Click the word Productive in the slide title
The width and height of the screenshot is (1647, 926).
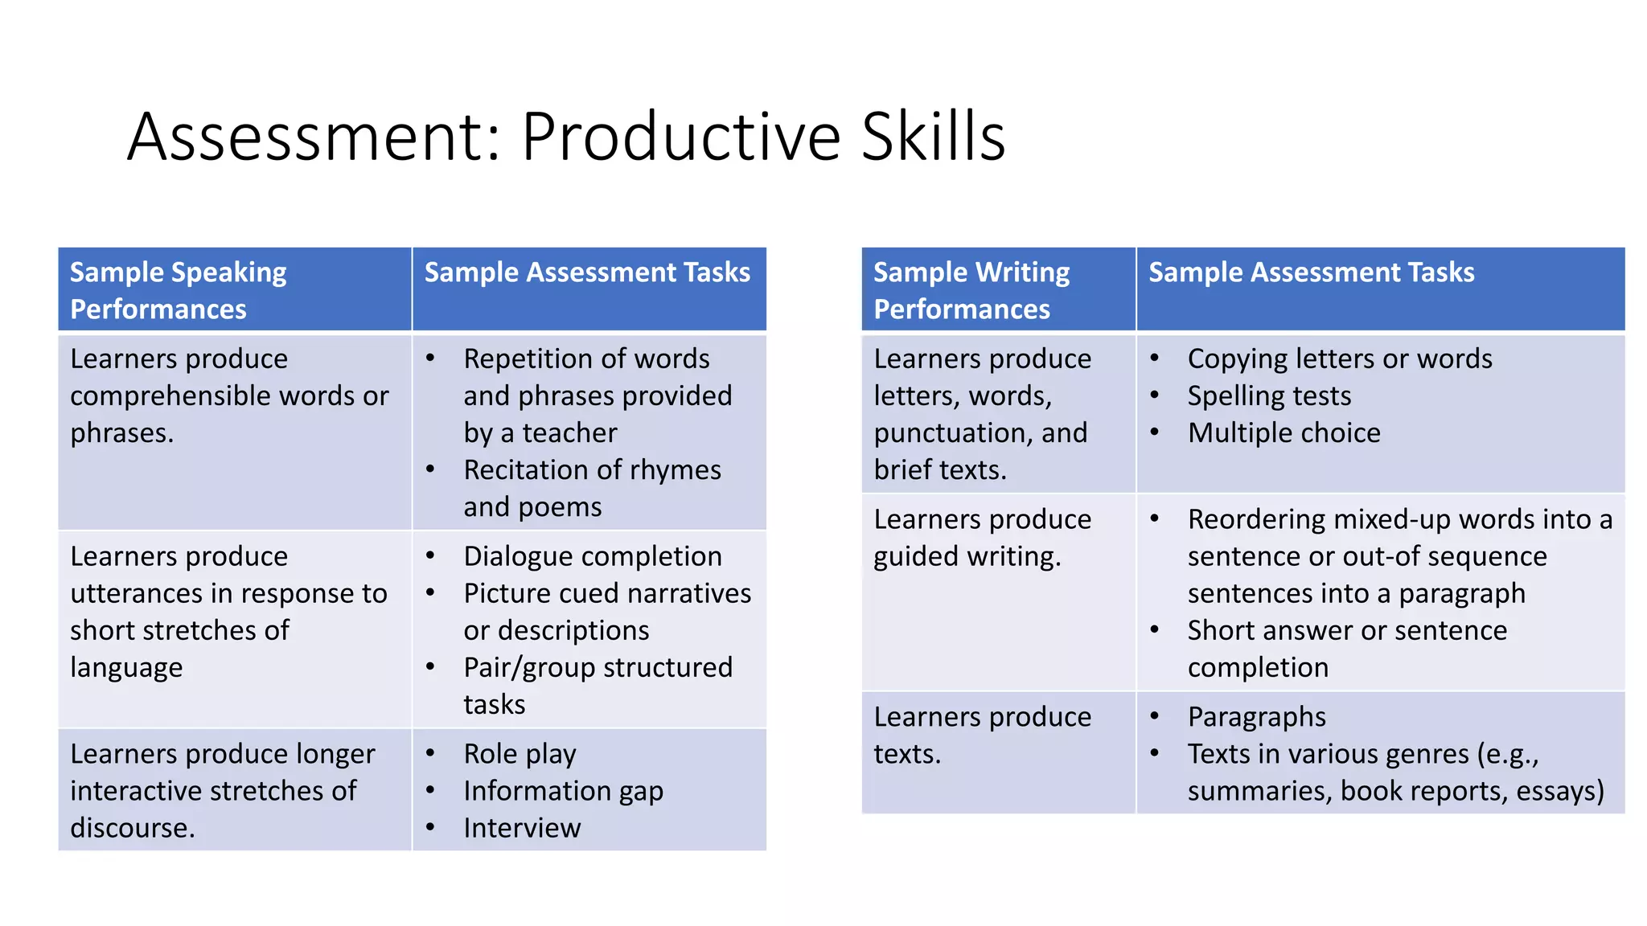[680, 137]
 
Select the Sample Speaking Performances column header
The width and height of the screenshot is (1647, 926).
[179, 290]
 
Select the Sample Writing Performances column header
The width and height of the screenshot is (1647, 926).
[971, 290]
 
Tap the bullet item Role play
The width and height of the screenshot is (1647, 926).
[520, 754]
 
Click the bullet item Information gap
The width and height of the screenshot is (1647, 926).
[563, 791]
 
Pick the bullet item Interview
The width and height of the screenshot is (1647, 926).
[522, 828]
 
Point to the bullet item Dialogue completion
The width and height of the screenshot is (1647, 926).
[593, 556]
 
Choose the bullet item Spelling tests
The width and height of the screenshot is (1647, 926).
[1269, 395]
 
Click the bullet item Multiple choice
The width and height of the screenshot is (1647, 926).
[1284, 432]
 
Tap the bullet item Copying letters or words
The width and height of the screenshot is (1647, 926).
[1340, 359]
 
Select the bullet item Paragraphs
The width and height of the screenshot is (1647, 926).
[1256, 717]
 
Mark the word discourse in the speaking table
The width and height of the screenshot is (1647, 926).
[132, 828]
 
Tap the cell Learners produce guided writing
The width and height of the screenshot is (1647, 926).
[982, 538]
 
